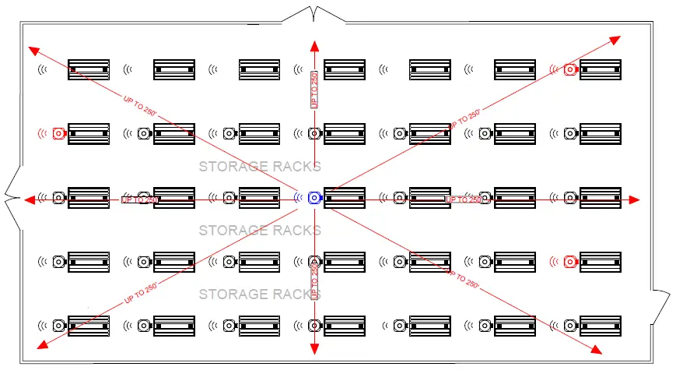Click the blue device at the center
(314, 198)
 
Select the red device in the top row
(570, 69)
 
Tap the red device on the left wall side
(58, 134)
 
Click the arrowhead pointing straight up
(314, 46)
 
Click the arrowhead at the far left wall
(30, 200)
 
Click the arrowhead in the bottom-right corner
(594, 348)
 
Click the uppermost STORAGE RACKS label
(260, 167)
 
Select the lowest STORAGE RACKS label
(260, 295)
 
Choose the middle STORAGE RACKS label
(260, 231)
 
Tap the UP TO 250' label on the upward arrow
(314, 90)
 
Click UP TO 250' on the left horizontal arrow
(141, 200)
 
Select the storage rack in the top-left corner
(89, 69)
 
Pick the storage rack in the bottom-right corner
(601, 326)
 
